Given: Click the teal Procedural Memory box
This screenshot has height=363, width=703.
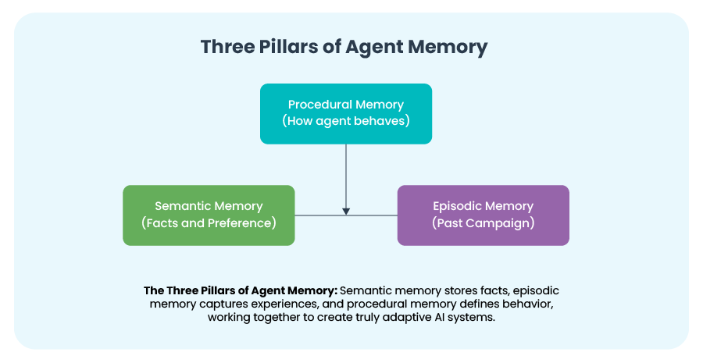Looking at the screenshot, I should (345, 114).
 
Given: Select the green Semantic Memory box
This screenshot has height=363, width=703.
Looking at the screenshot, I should (209, 215).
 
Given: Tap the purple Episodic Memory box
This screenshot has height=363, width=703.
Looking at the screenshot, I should (483, 215).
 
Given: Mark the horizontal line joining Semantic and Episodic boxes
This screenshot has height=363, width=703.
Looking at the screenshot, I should (375, 215).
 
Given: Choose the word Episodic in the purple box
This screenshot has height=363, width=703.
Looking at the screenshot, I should (459, 206).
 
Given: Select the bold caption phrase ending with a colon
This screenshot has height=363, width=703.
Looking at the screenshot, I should (241, 290).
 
